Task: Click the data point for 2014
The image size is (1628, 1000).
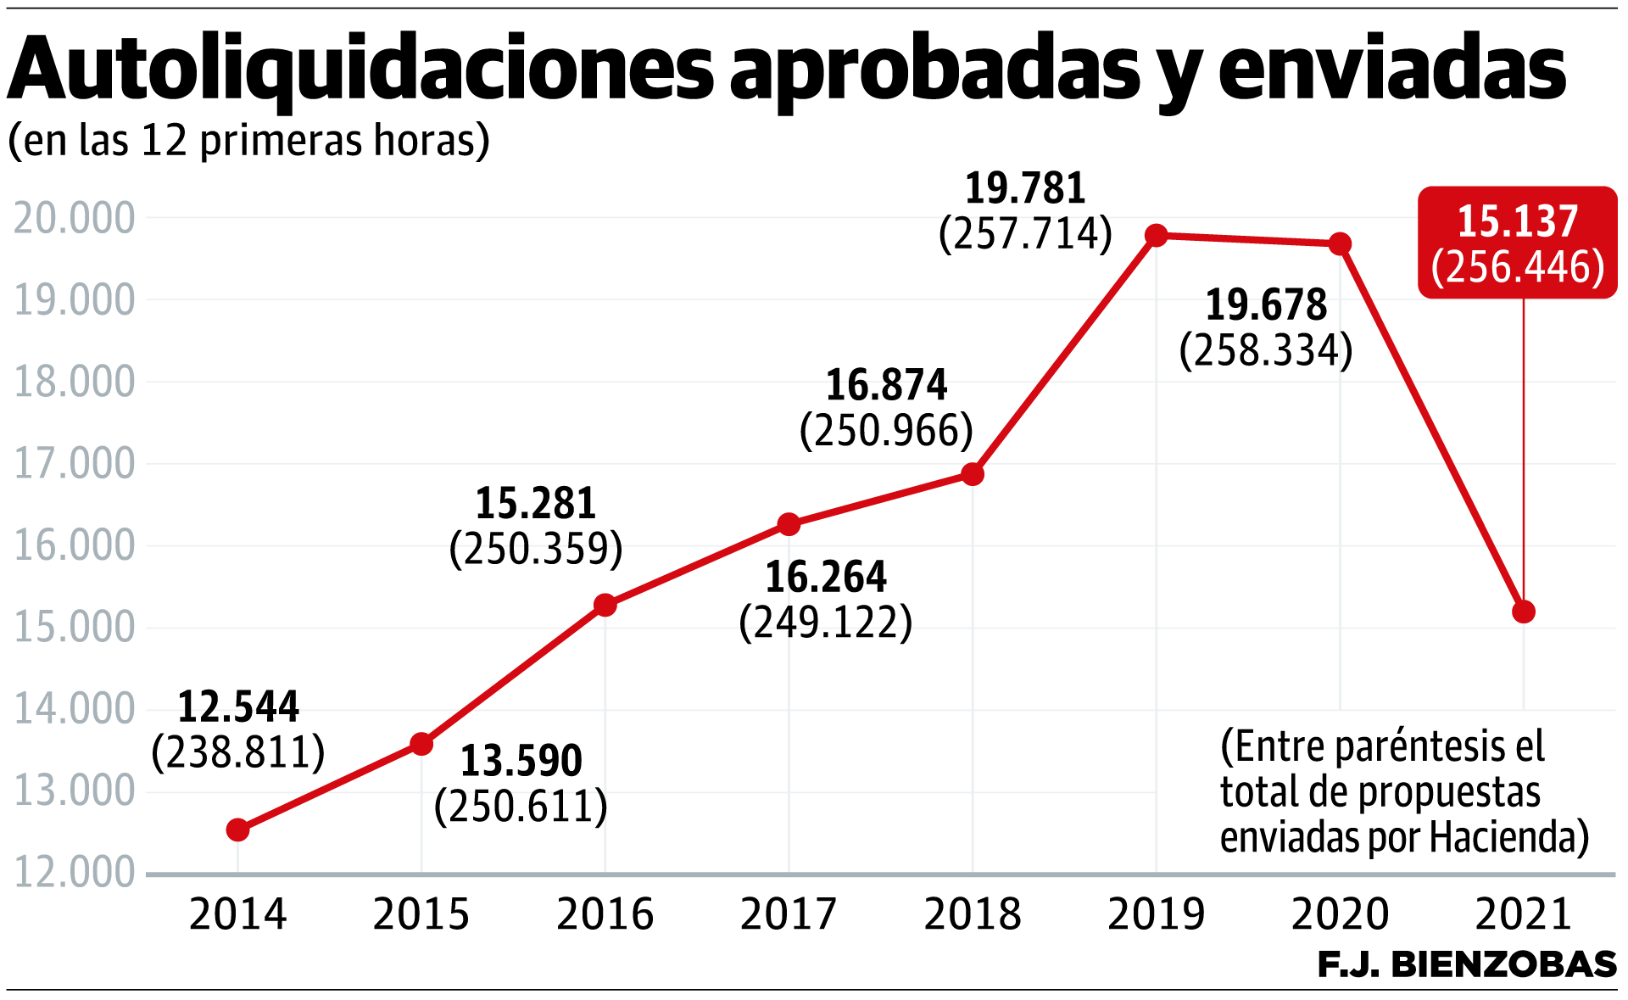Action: click(238, 830)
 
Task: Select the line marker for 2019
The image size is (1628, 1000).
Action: click(1156, 235)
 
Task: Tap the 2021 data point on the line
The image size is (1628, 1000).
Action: click(1524, 612)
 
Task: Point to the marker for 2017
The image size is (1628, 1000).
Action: click(789, 524)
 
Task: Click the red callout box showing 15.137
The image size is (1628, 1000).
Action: click(1517, 243)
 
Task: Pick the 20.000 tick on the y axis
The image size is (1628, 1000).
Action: click(75, 218)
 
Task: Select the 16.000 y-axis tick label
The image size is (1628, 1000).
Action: click(75, 545)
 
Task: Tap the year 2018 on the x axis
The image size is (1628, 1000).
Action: click(973, 914)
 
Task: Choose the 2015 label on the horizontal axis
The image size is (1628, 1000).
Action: click(421, 914)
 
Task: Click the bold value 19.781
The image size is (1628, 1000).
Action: click(1025, 188)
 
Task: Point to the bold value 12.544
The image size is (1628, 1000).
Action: click(238, 707)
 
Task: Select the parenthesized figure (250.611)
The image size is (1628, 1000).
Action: click(521, 806)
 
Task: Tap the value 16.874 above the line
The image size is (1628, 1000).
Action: click(886, 385)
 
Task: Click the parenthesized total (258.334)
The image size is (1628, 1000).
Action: click(1266, 350)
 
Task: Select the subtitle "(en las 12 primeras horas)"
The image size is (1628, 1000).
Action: click(248, 140)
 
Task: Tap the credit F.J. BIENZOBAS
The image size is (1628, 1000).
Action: click(1467, 965)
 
